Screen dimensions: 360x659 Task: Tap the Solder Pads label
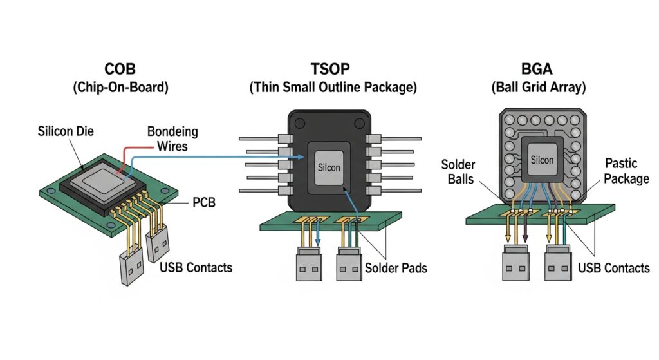[x=396, y=267]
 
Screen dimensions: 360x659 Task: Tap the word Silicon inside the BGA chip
[x=542, y=160]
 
